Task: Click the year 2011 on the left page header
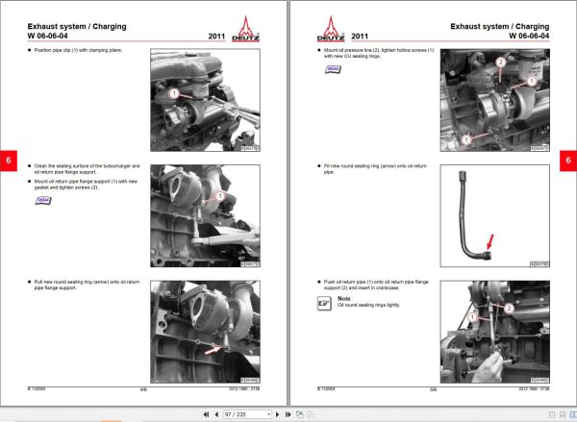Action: coord(217,37)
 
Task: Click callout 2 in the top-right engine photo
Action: coord(499,62)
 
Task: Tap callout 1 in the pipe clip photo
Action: coord(174,94)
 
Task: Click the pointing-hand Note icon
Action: coord(324,303)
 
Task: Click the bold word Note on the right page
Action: coord(343,297)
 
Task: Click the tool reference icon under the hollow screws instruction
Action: coord(332,70)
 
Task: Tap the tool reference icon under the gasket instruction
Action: coord(42,200)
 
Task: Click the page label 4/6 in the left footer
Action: coord(143,390)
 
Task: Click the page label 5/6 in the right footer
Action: coord(433,390)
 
